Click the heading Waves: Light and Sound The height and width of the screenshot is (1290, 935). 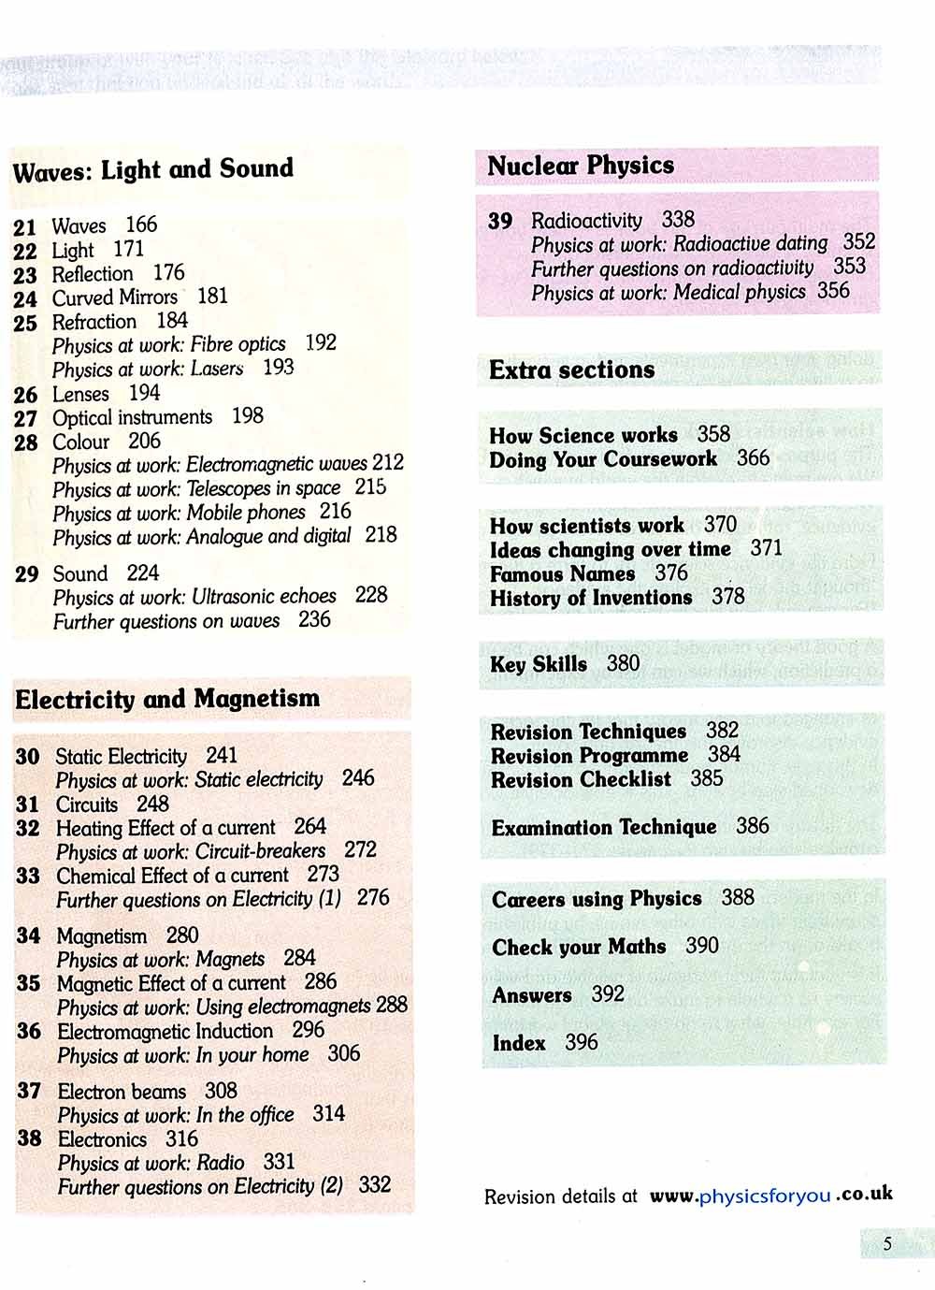coord(153,170)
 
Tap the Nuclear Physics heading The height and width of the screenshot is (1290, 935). coord(581,167)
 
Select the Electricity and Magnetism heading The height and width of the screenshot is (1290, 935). coord(167,700)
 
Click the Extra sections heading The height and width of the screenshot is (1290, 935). coord(571,370)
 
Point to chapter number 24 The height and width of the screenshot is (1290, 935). coord(25,299)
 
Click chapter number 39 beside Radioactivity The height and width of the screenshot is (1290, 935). coord(500,222)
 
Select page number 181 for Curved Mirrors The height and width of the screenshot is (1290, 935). coord(212,297)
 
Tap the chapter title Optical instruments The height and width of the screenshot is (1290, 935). coord(132,417)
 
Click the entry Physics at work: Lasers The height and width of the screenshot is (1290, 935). coord(148,369)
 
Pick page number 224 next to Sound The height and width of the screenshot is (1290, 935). coord(143,573)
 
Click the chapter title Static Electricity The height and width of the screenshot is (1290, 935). coord(122,756)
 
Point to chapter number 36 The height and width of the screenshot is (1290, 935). coord(29,1032)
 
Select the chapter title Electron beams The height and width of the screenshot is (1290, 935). coord(122,1092)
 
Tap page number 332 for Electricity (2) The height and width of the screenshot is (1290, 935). coord(374,1185)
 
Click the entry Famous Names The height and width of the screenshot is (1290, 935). coord(562,573)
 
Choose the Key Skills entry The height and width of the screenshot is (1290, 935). coord(539,664)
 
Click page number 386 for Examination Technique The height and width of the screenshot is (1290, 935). coord(753,826)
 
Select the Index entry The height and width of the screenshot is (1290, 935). coord(519,1043)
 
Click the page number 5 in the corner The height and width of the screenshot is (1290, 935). coord(887,1244)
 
